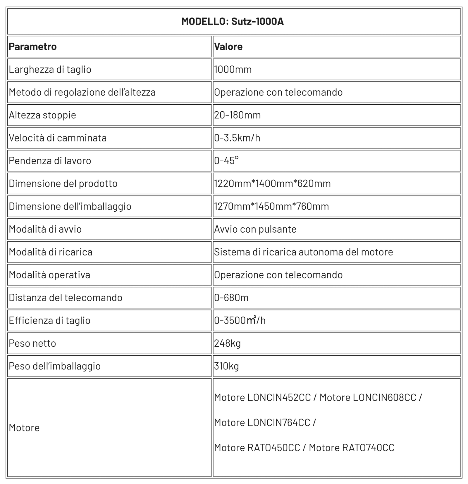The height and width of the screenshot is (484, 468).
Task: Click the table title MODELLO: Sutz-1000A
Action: (x=233, y=22)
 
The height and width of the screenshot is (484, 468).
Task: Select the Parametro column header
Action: (x=33, y=47)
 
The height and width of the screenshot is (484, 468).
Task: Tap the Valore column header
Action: (x=228, y=47)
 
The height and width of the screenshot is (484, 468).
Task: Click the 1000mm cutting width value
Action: (x=233, y=70)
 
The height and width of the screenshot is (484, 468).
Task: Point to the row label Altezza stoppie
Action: (x=42, y=115)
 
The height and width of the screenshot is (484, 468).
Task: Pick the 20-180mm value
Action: (x=237, y=115)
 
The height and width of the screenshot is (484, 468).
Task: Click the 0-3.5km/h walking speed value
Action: (x=237, y=138)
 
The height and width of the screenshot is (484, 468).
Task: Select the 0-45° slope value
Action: (x=226, y=161)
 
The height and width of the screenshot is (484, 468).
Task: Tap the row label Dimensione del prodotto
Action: (x=63, y=184)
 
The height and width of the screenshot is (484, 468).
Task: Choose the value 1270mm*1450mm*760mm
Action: (x=271, y=206)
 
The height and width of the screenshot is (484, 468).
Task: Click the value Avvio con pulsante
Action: (x=255, y=229)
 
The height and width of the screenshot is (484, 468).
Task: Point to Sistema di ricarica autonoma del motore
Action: (x=303, y=252)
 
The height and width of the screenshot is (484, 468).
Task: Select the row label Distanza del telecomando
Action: (x=66, y=298)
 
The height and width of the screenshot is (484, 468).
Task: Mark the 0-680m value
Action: (x=231, y=298)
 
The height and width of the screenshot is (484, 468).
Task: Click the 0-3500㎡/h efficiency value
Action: (x=240, y=321)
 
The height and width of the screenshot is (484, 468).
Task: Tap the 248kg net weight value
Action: (x=227, y=343)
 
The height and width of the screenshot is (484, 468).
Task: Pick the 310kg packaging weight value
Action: (x=226, y=366)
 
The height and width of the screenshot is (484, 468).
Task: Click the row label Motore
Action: (x=24, y=428)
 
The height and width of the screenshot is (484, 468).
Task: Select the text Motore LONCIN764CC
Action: (x=262, y=423)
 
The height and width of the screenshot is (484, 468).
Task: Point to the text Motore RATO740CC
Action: (x=352, y=448)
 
